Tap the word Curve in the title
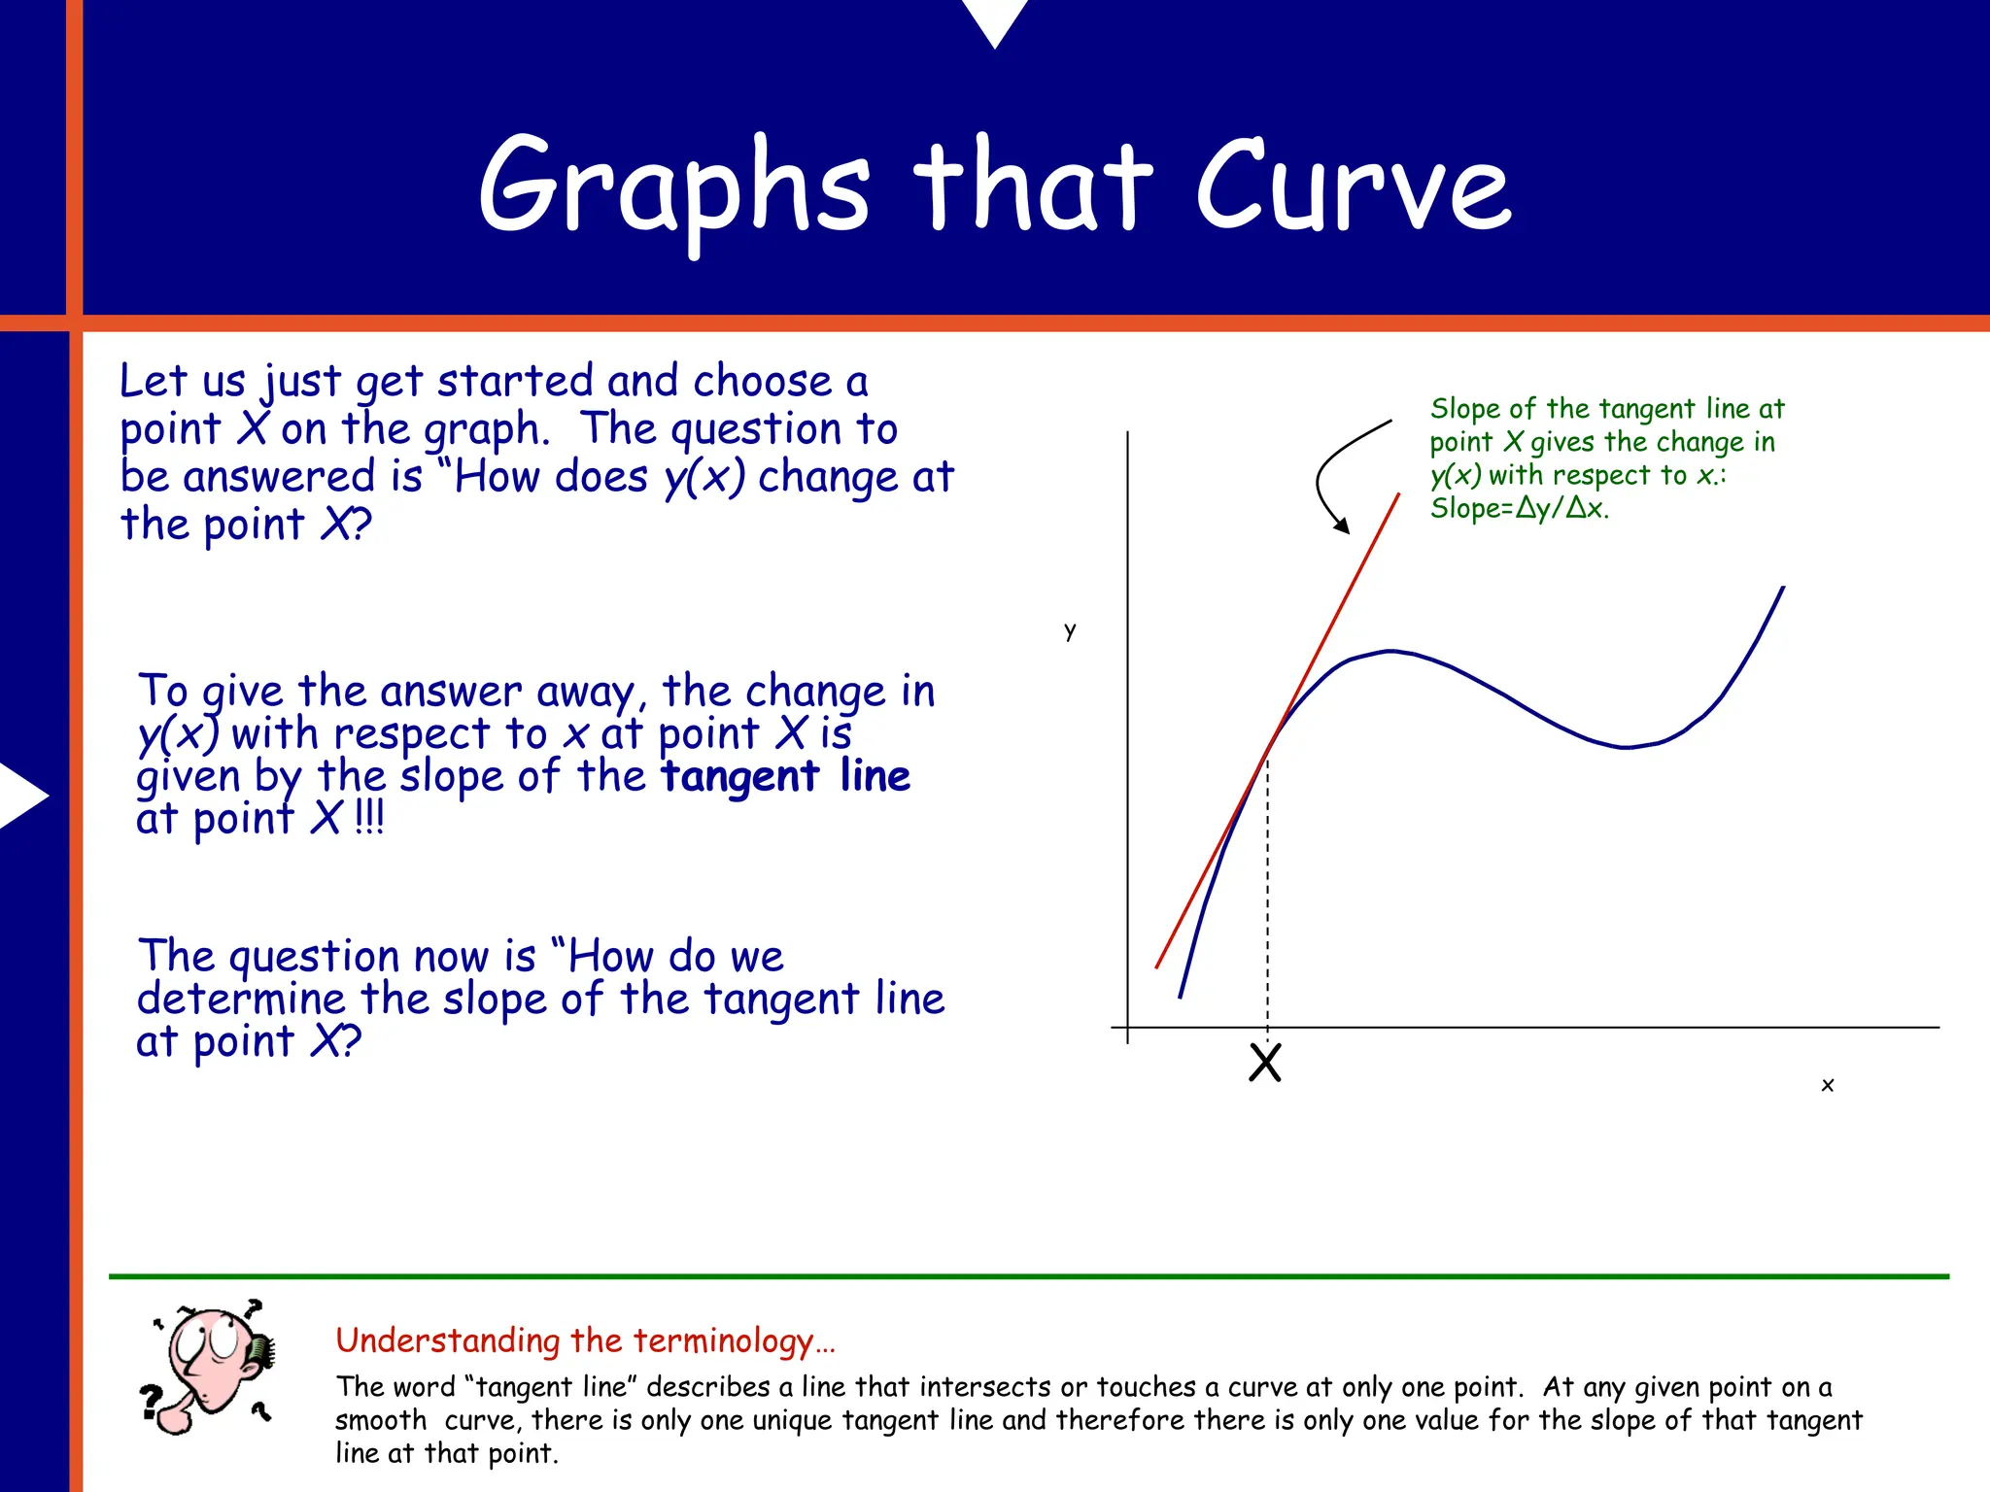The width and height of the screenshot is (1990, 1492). tap(1353, 186)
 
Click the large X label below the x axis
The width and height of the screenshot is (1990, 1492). tap(1265, 1063)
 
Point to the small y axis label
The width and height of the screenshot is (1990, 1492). tap(1070, 630)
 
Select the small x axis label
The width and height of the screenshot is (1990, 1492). tap(1827, 1085)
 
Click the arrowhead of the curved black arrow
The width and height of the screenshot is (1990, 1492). tap(1343, 526)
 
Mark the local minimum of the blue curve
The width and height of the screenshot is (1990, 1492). tap(1627, 747)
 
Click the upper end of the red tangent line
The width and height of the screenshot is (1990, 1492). tap(1397, 496)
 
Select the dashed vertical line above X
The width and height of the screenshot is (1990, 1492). tap(1267, 894)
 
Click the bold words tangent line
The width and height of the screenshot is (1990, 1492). tap(785, 776)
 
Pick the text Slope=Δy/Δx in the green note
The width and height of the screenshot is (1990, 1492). tap(1519, 508)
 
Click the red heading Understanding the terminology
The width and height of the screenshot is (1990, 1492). tap(584, 1340)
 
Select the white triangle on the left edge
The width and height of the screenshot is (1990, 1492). tap(21, 796)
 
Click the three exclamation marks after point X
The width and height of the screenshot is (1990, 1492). tap(369, 818)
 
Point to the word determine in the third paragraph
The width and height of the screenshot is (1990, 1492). tap(240, 999)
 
